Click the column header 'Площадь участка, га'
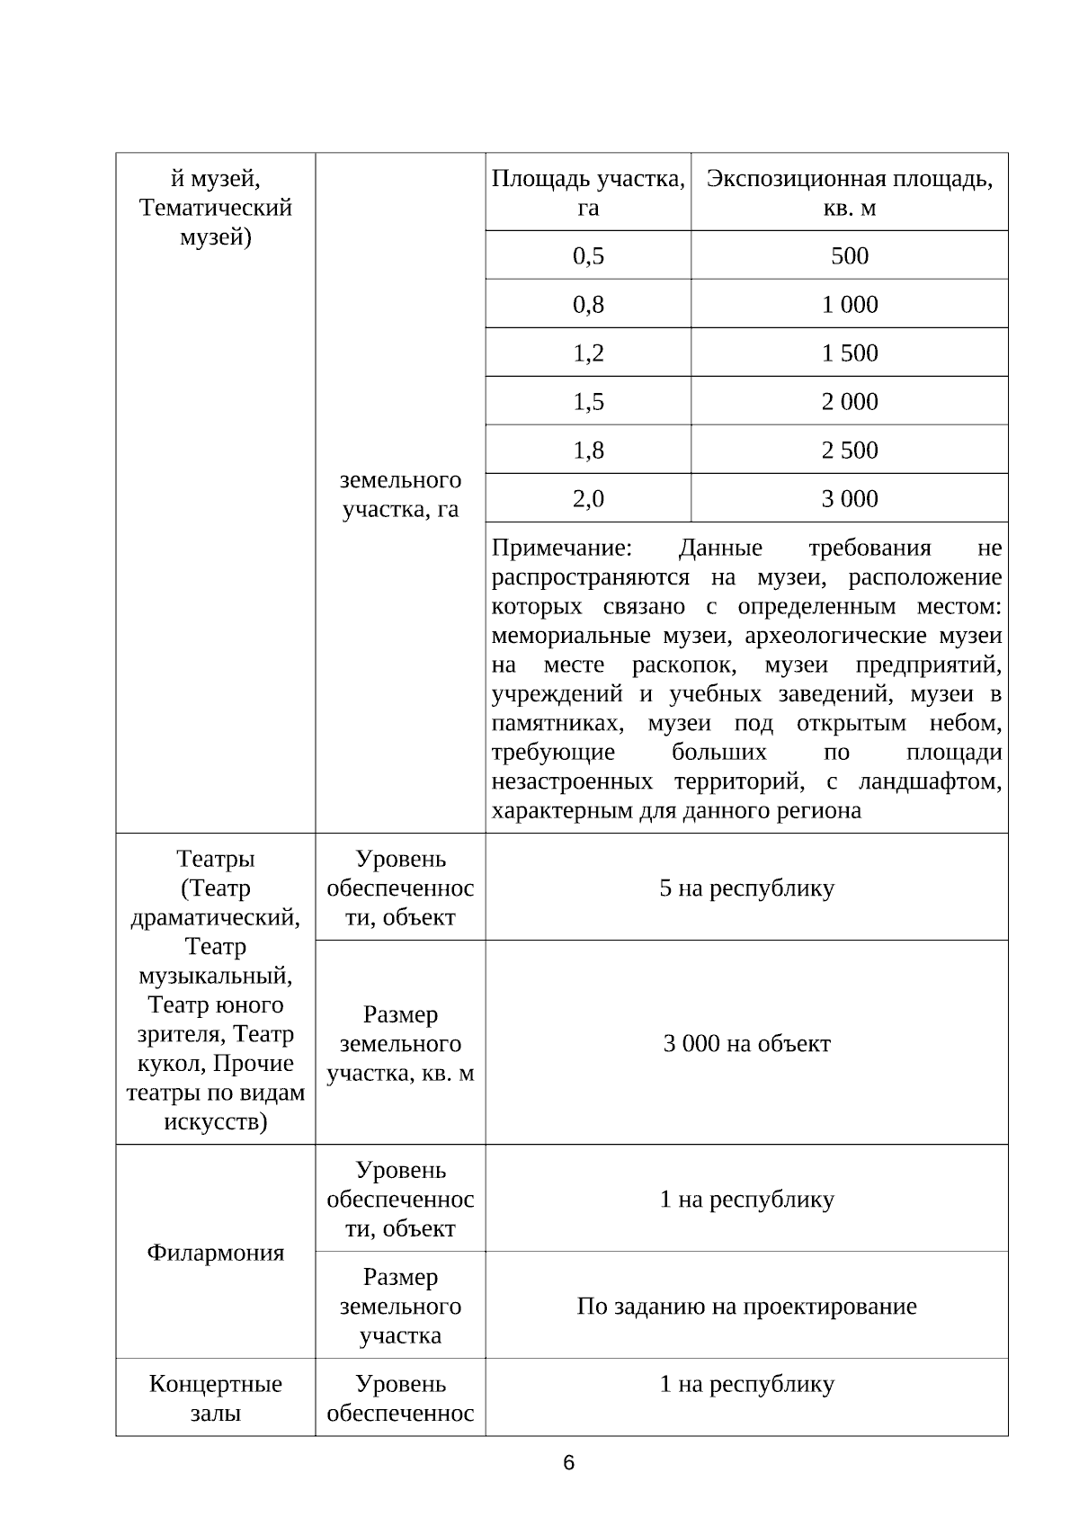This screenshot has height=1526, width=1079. (x=588, y=192)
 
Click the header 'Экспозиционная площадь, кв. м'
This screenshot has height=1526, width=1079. (x=849, y=192)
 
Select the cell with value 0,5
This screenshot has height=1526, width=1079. (x=588, y=255)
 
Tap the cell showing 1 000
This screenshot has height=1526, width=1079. (x=849, y=304)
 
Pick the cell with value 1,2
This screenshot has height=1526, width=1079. (x=588, y=352)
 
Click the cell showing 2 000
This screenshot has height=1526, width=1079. (x=849, y=401)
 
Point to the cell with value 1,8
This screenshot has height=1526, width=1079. (x=588, y=450)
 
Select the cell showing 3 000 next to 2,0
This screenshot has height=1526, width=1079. (x=849, y=498)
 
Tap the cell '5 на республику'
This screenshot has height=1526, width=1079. (x=746, y=888)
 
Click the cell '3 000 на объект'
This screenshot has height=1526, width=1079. (x=746, y=1043)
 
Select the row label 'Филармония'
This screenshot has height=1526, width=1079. (x=215, y=1252)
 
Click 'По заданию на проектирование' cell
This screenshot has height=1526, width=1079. (x=746, y=1306)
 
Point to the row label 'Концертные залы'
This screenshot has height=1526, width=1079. (x=215, y=1397)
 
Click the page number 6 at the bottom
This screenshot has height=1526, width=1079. (x=568, y=1463)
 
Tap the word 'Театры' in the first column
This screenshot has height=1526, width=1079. (x=215, y=859)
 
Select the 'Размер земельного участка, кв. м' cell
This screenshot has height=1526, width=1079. (x=400, y=1043)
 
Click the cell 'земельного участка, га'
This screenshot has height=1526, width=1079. (x=400, y=494)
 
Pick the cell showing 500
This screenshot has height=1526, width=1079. (x=849, y=255)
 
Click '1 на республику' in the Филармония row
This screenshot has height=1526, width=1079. (x=746, y=1199)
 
